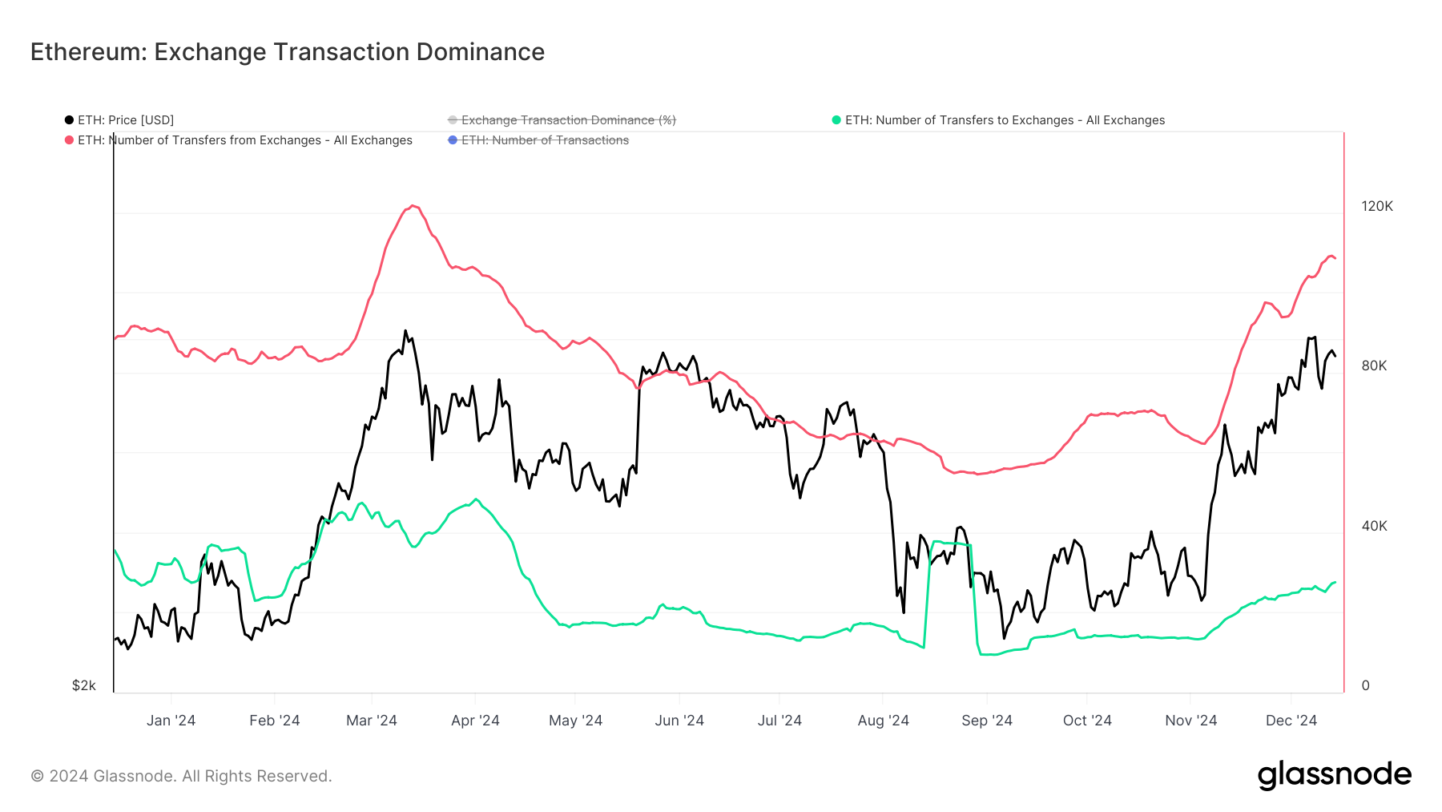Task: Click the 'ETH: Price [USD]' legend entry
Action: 120,120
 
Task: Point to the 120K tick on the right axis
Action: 1376,206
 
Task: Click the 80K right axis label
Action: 1373,366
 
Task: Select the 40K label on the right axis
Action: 1373,526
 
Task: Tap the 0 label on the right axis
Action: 1365,685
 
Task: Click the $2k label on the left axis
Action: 84,685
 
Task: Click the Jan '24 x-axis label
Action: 171,721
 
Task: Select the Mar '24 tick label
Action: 371,721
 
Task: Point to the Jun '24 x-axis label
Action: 679,721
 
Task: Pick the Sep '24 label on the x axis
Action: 986,721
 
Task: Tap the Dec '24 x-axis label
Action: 1291,721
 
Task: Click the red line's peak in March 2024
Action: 413,206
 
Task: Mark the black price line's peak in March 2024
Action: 405,330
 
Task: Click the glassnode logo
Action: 1334,775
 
